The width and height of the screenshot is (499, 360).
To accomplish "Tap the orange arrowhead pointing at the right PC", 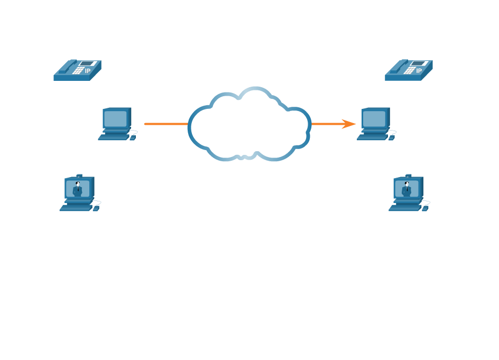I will coord(349,124).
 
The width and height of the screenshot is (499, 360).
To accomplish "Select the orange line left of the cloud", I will coord(166,124).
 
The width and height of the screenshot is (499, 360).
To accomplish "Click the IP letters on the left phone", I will coord(88,71).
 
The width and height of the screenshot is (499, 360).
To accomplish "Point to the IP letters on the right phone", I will coord(419,71).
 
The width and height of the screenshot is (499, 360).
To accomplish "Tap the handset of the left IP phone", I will coord(68,67).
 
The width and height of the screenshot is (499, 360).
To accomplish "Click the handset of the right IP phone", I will coord(399,67).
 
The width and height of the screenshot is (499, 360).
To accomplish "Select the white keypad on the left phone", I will coord(78,70).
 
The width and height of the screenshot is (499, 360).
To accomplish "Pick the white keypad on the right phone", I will coord(409,70).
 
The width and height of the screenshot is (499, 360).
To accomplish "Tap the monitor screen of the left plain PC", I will coord(116,118).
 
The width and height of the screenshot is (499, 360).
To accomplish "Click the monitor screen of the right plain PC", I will coord(374,118).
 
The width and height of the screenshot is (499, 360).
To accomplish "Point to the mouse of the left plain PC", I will coord(133,137).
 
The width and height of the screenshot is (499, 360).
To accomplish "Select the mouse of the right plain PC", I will coord(392,137).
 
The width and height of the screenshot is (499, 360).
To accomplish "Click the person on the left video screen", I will coord(78,189).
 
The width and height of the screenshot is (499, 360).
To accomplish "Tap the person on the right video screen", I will coord(406,189).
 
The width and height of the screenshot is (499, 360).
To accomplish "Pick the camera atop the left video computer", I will coord(79,176).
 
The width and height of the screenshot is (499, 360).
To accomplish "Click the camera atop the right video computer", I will coord(408,176).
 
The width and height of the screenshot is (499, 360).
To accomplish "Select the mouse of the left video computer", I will coord(96,208).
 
